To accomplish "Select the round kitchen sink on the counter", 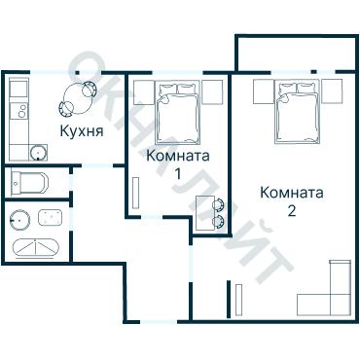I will point(37,152).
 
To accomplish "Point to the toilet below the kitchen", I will point(29,182).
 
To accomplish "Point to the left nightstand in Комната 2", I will point(264,91).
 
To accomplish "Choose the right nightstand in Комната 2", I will point(334,91).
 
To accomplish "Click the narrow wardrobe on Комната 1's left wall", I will point(136,190).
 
